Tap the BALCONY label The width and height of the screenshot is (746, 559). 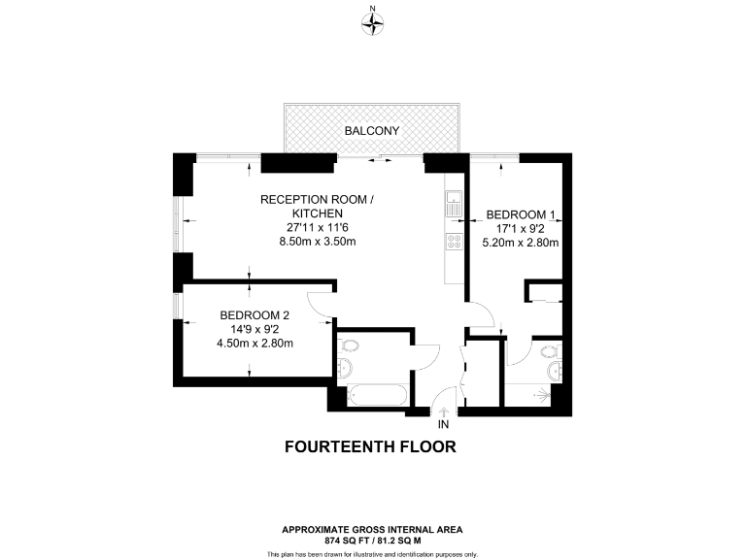372,130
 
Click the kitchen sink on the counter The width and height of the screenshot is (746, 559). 454,203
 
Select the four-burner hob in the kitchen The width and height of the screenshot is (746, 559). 454,242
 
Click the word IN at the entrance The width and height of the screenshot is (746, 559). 444,425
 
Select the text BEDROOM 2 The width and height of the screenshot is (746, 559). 254,314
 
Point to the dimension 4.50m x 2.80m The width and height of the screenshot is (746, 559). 254,343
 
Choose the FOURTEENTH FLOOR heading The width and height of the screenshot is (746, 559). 369,447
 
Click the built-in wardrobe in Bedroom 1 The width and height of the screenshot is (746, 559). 544,292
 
